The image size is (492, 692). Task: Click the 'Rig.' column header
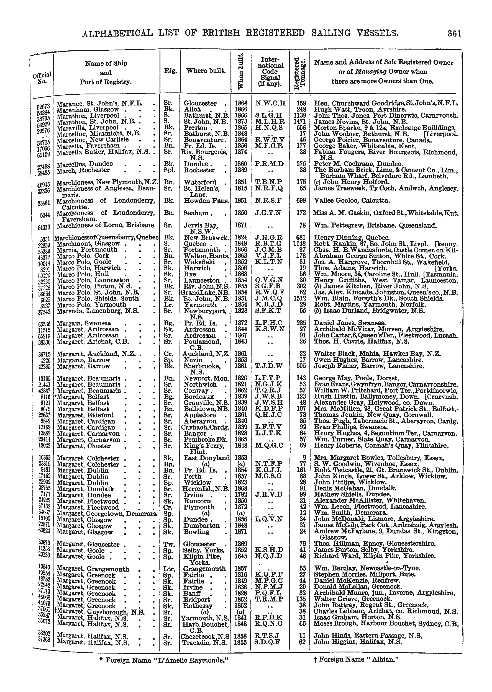[170, 71]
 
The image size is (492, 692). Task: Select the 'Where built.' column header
[206, 71]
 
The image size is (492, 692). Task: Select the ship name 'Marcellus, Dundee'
[85, 164]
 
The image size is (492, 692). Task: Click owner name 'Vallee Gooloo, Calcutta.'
[352, 201]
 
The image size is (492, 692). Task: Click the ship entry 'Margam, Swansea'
[84, 323]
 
